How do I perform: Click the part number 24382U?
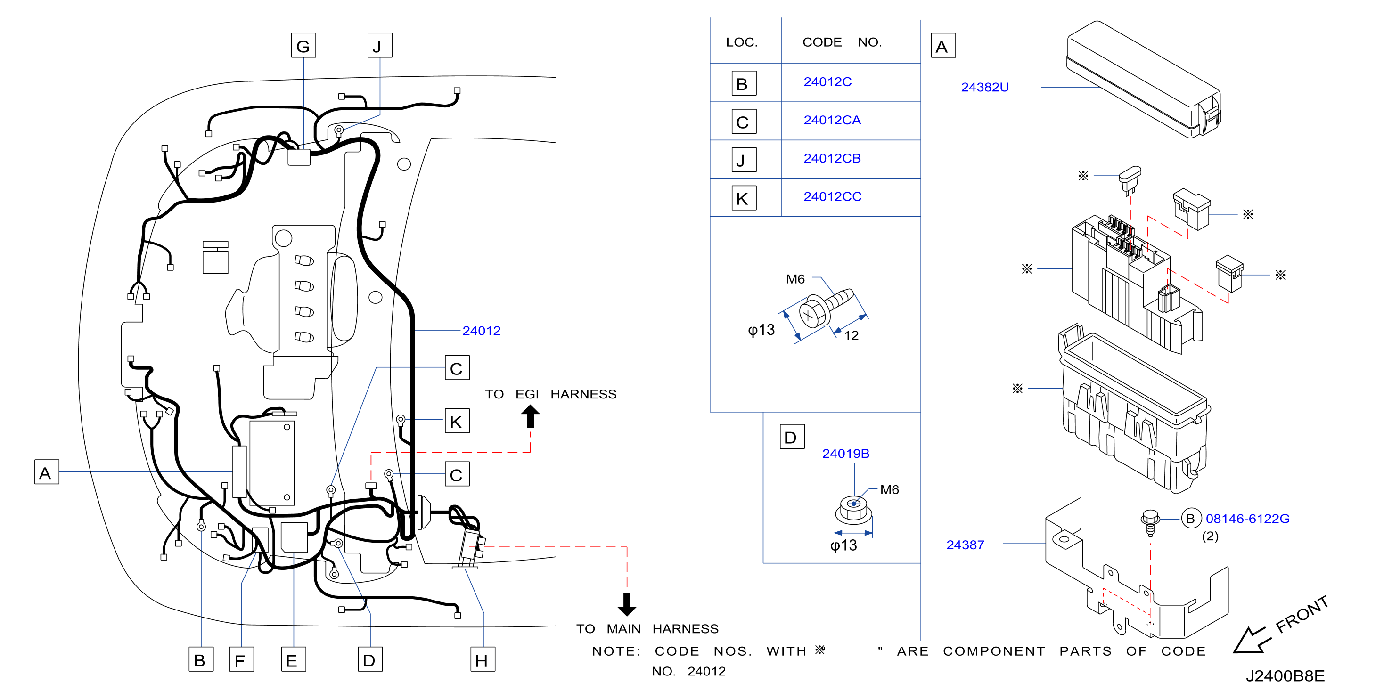pos(984,87)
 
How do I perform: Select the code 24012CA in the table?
pos(832,120)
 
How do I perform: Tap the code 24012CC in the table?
pos(832,196)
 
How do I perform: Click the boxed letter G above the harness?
pos(303,45)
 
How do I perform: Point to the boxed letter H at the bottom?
pos(483,659)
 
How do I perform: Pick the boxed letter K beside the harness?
pos(457,421)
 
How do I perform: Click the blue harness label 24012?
pos(482,331)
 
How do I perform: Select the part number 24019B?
pos(846,454)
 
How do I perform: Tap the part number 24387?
pos(965,545)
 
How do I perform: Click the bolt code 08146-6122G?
pos(1248,519)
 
